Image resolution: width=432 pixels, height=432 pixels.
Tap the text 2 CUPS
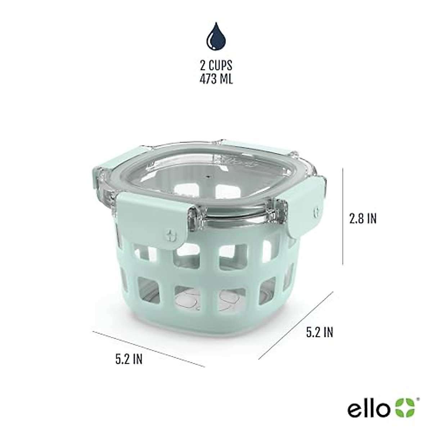[216, 66]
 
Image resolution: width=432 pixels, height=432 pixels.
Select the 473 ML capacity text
[216, 79]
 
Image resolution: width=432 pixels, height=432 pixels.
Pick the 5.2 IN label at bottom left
[129, 359]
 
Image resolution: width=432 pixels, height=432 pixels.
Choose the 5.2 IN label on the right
[320, 332]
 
